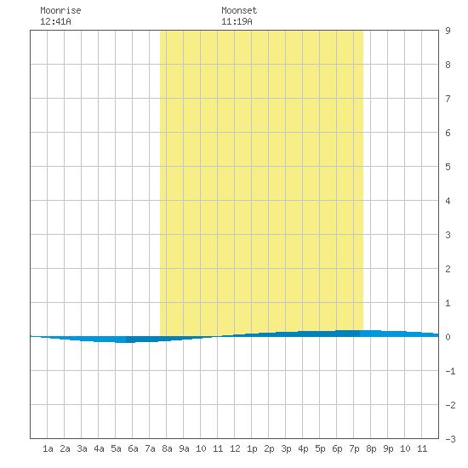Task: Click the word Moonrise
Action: pyautogui.click(x=60, y=10)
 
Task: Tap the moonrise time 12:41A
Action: pyautogui.click(x=55, y=21)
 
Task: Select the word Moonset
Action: pyautogui.click(x=239, y=10)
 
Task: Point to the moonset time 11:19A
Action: pyautogui.click(x=237, y=21)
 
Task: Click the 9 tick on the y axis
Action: pyautogui.click(x=448, y=31)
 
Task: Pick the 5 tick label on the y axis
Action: pyautogui.click(x=448, y=167)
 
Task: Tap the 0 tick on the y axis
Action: pyautogui.click(x=448, y=337)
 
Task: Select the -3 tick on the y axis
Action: pyautogui.click(x=450, y=439)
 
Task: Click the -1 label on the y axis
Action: pyautogui.click(x=450, y=371)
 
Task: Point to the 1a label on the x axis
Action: pyautogui.click(x=48, y=448)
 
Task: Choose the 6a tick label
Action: pyautogui.click(x=133, y=448)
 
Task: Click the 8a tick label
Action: pyautogui.click(x=167, y=448)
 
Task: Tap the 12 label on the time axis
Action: pyautogui.click(x=235, y=448)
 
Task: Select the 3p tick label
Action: pyautogui.click(x=286, y=448)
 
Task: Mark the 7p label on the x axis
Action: pyautogui.click(x=354, y=448)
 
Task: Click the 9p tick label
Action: pyautogui.click(x=388, y=448)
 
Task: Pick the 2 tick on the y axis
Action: pyautogui.click(x=448, y=269)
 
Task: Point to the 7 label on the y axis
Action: pyautogui.click(x=448, y=99)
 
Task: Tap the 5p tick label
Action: pyautogui.click(x=320, y=448)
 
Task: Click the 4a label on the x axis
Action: pyautogui.click(x=99, y=448)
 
